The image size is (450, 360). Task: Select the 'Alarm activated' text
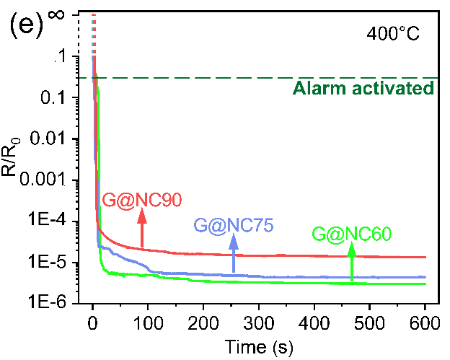click(363, 89)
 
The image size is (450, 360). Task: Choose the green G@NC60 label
click(351, 234)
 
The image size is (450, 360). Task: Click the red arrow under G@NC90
click(142, 229)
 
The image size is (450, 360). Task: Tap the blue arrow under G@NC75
click(234, 254)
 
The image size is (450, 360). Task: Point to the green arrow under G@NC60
click(352, 261)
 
